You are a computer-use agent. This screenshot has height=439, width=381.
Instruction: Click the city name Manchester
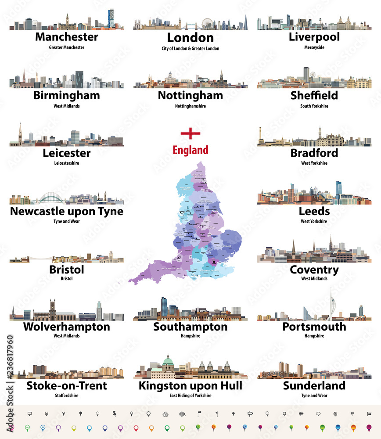click(x=66, y=36)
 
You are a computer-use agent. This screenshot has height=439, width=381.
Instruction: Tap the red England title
click(x=190, y=151)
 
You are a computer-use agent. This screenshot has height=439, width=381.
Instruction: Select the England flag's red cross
click(x=190, y=133)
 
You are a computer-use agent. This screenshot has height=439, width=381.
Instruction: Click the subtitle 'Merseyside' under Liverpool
click(x=314, y=47)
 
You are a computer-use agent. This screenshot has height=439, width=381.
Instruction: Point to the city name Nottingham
click(x=190, y=95)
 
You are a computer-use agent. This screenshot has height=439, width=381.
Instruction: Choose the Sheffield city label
click(x=314, y=95)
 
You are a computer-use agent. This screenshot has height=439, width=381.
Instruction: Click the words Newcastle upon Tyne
click(x=66, y=211)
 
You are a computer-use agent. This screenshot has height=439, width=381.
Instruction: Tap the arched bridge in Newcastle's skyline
click(x=53, y=198)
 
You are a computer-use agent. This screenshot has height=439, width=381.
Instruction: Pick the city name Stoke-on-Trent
click(x=66, y=386)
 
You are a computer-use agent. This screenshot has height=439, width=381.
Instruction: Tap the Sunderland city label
click(x=314, y=386)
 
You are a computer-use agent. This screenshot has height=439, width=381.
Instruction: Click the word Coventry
click(x=314, y=269)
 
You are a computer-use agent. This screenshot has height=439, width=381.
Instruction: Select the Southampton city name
click(x=190, y=327)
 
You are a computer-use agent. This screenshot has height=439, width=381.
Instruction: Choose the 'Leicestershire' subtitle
click(x=66, y=163)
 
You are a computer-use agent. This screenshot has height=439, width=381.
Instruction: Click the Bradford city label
click(x=314, y=153)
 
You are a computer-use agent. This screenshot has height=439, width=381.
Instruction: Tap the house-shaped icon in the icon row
click(x=165, y=414)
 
